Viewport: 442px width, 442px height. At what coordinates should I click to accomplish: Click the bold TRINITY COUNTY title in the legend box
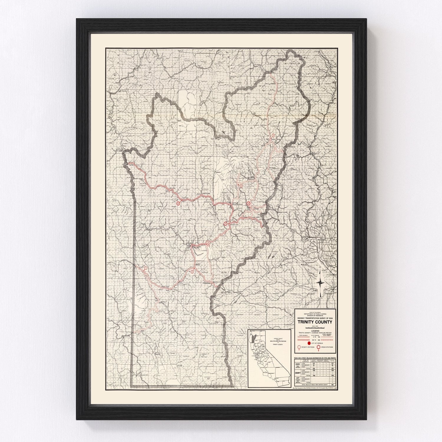[315, 322]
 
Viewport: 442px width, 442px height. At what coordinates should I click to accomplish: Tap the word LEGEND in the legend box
[315, 331]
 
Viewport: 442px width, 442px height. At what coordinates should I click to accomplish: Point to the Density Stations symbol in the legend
[300, 348]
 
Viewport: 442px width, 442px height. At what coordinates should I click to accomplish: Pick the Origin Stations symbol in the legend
[319, 347]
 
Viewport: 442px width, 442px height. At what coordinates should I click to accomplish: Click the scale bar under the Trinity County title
[315, 327]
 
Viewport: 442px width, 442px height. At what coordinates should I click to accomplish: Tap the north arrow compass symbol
[321, 283]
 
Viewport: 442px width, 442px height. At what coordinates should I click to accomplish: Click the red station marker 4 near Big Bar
[178, 203]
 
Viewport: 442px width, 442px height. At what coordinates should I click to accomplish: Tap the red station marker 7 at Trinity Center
[273, 136]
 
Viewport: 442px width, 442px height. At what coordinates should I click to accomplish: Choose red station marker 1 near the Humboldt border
[146, 268]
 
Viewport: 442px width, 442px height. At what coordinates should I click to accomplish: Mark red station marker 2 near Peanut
[192, 272]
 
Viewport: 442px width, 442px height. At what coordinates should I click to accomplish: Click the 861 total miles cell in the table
[332, 385]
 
